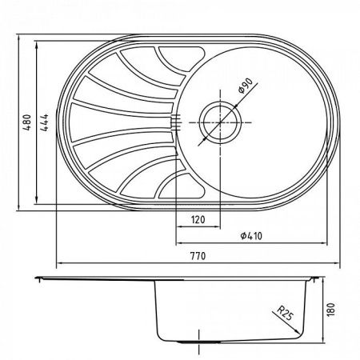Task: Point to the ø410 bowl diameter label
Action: [252, 235]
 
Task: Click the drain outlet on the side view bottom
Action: [194, 342]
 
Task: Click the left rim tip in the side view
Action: [39, 278]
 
